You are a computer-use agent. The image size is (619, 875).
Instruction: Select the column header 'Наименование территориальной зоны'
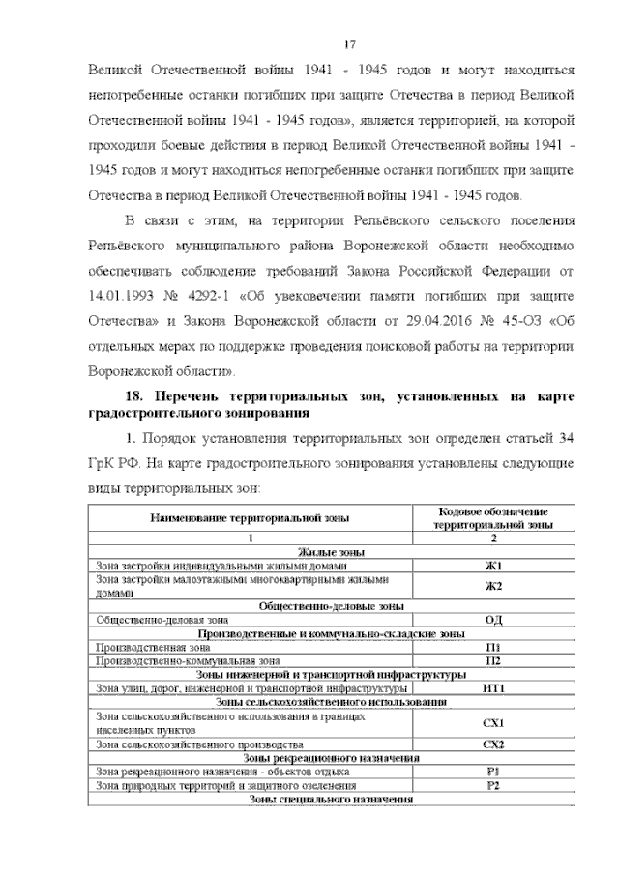click(250, 518)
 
